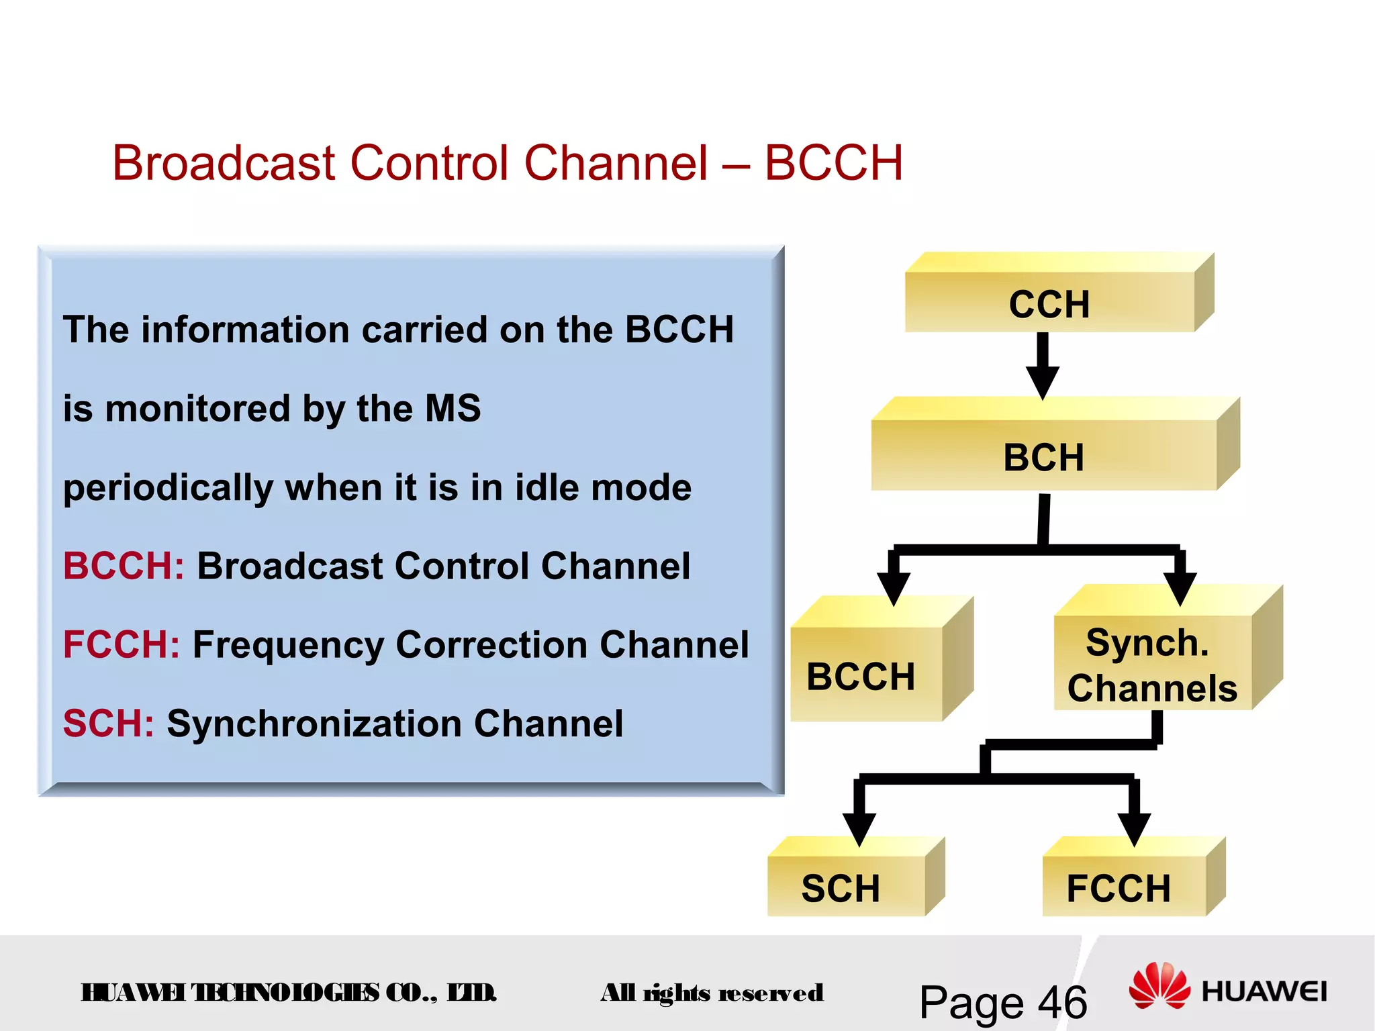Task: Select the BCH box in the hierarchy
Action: tap(1043, 456)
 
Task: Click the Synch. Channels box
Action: tap(1151, 665)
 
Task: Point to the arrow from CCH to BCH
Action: tap(1043, 366)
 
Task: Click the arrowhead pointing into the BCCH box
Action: tap(894, 588)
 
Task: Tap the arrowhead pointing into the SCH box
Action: tap(859, 828)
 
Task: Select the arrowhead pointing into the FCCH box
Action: tap(1135, 828)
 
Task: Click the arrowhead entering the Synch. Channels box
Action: tap(1180, 588)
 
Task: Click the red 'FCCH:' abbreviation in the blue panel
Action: tap(122, 644)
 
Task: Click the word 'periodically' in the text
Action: tap(168, 488)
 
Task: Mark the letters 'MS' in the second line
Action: tap(454, 408)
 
